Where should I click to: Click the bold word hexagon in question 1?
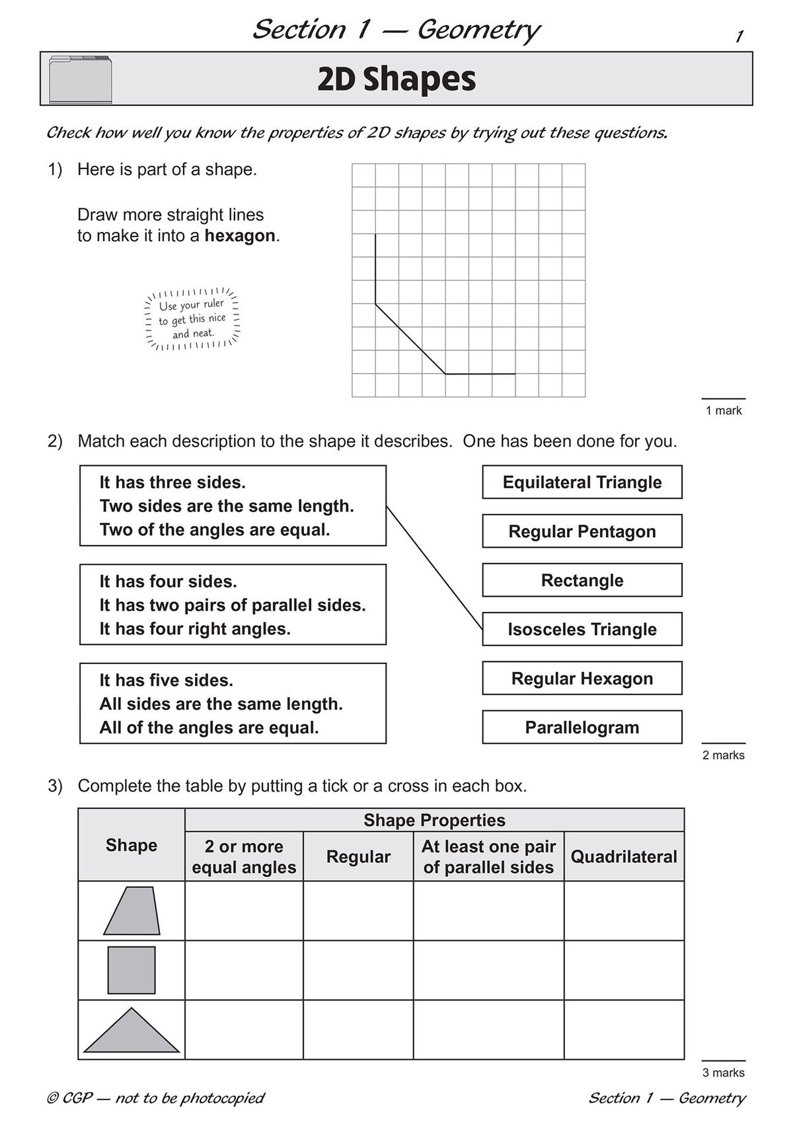(x=239, y=236)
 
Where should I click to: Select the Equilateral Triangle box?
(x=582, y=482)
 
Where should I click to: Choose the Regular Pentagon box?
(x=582, y=531)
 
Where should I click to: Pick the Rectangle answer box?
(x=582, y=580)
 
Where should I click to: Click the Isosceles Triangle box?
(x=582, y=629)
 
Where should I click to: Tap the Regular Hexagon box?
(x=582, y=679)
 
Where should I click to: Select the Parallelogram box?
(x=582, y=728)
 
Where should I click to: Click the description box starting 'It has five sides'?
(x=233, y=704)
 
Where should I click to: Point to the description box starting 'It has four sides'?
(x=233, y=605)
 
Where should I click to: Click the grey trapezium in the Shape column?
(x=132, y=911)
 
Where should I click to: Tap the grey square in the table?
(x=132, y=970)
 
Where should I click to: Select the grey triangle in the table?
(x=132, y=1031)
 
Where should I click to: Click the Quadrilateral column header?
(x=624, y=857)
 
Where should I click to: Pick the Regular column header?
(x=358, y=857)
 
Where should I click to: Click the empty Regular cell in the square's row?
(x=358, y=970)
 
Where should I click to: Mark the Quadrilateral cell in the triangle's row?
(x=624, y=1029)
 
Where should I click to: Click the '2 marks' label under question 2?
(x=723, y=755)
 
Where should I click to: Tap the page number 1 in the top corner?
(x=739, y=36)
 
